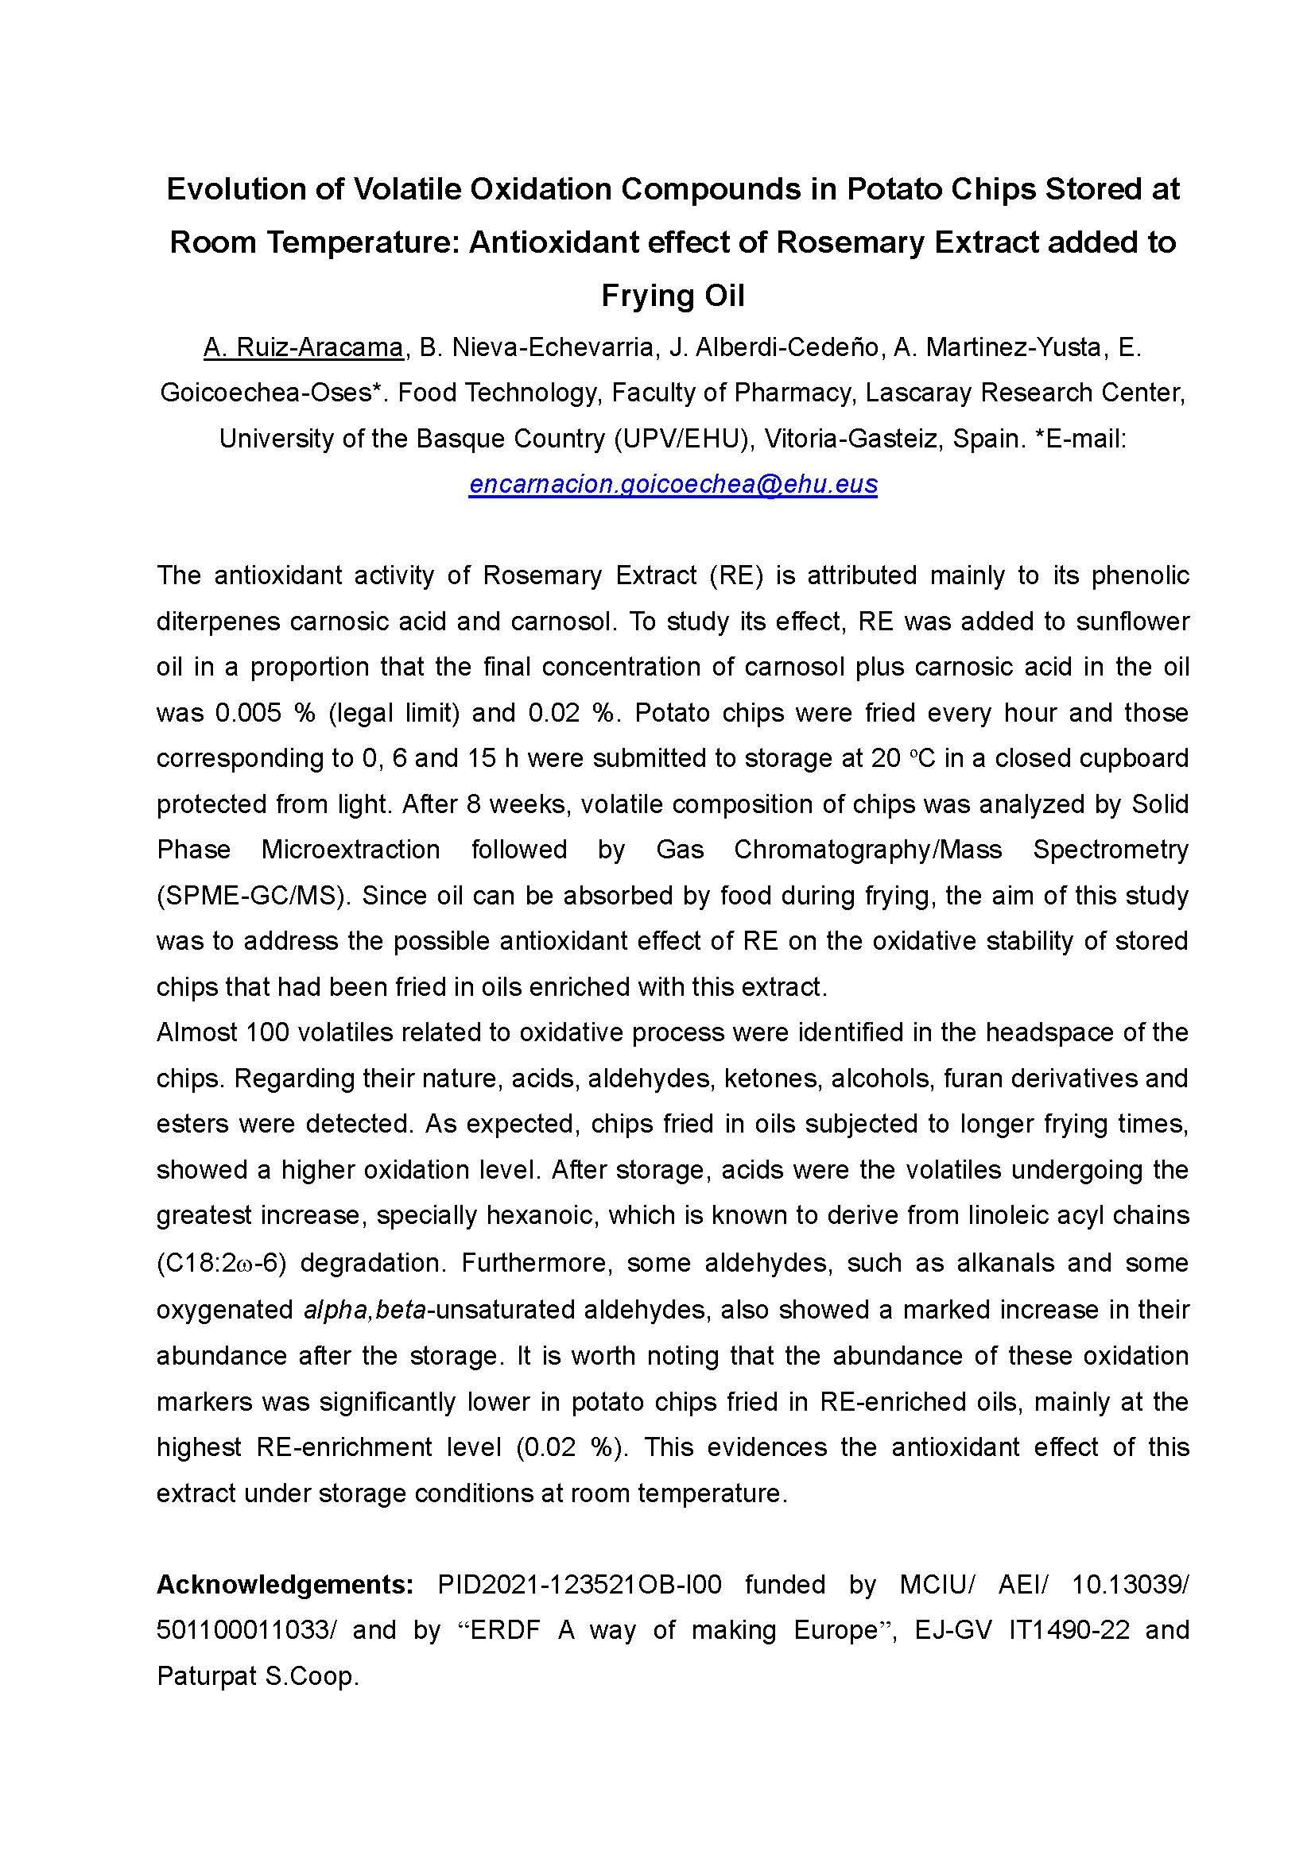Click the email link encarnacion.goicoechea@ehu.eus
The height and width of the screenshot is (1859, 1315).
[x=673, y=484]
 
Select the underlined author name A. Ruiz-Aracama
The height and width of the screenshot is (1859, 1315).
[x=303, y=347]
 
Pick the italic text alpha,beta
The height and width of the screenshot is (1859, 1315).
[x=364, y=1310]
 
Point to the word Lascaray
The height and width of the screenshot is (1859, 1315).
[x=915, y=393]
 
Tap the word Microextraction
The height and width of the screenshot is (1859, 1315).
[x=351, y=850]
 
